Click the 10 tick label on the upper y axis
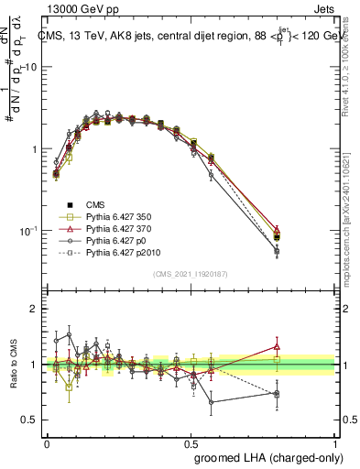[x=30, y=68]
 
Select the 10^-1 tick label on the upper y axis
[x=28, y=230]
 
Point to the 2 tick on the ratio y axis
[x=35, y=309]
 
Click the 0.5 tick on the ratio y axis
[x=31, y=420]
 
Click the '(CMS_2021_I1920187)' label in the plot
[x=191, y=274]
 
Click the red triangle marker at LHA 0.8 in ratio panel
[x=278, y=347]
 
